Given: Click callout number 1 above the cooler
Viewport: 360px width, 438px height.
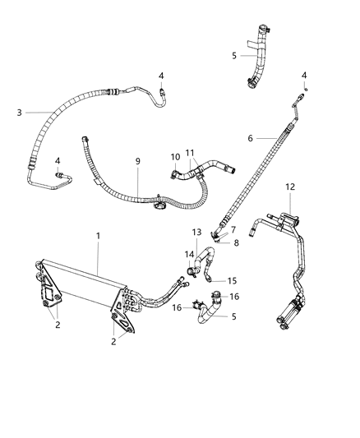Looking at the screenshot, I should coord(98,236).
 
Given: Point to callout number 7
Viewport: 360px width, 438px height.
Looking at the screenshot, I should coord(233,228).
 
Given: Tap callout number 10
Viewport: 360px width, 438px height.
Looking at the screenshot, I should coord(174,156).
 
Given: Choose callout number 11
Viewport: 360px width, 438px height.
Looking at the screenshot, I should coord(191,154).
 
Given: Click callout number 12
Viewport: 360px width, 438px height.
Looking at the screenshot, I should coord(288,187).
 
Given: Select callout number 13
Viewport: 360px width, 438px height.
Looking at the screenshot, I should coord(197,233).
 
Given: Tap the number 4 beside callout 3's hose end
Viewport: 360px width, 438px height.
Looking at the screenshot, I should coord(162,76).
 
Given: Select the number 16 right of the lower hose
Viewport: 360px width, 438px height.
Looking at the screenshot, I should coord(235,296).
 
